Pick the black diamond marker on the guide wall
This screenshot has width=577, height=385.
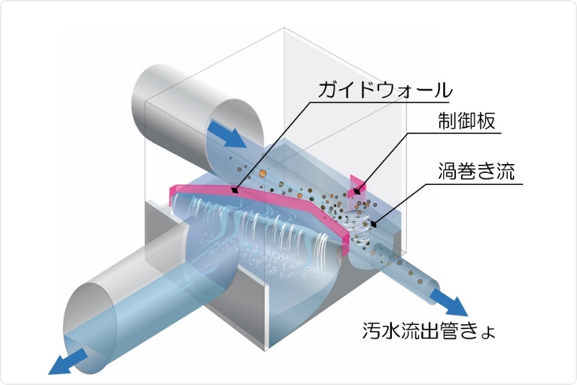(x=234, y=191)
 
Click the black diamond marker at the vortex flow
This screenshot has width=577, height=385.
(x=373, y=224)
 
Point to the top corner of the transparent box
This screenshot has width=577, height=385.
(x=284, y=29)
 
